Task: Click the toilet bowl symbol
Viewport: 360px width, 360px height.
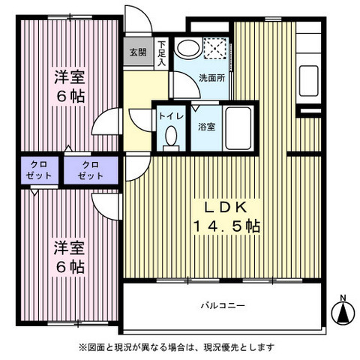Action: coord(171,137)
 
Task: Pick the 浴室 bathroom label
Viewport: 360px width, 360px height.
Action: coord(205,126)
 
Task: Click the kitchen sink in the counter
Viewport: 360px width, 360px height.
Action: coord(309,80)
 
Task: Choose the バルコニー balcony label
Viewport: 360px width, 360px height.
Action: coord(223,306)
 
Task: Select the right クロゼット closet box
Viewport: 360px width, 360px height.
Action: coord(91,169)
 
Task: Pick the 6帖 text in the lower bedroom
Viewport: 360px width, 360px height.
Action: coord(68,266)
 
